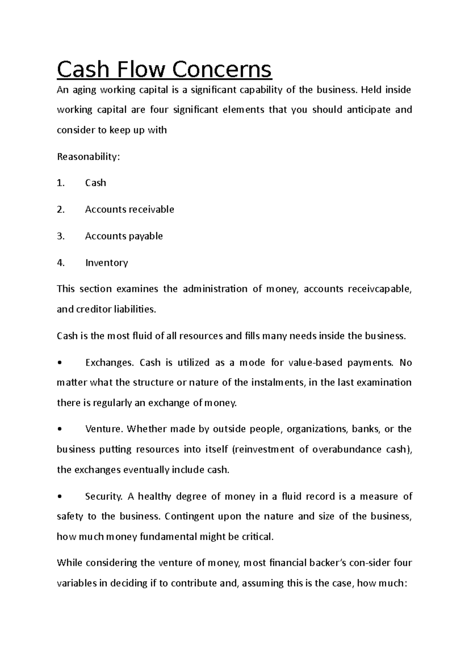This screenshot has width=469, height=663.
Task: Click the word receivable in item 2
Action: [x=151, y=209]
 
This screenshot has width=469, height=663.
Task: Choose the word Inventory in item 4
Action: [x=106, y=262]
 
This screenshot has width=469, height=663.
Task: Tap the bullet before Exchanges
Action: [x=59, y=363]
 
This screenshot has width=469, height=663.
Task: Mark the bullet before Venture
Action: [x=59, y=429]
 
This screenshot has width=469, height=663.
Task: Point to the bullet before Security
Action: [x=59, y=497]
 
